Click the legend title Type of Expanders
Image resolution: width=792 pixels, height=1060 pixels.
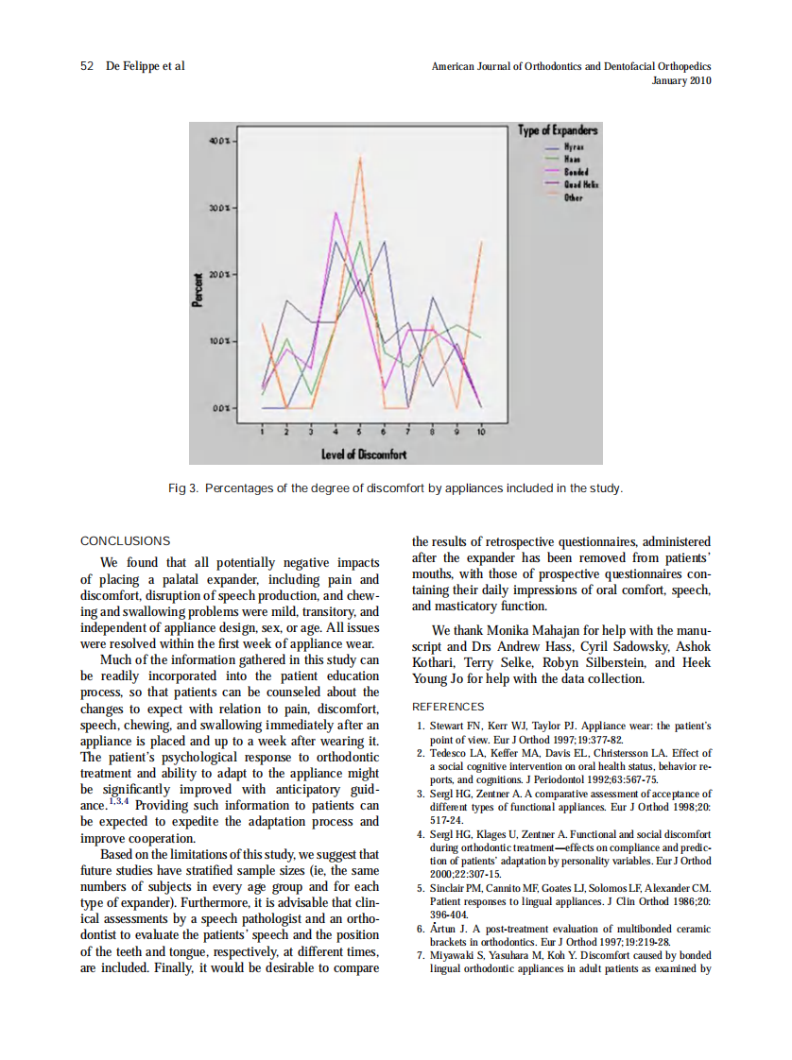coord(558,130)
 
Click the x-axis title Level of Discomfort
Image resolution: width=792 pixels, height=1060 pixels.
coord(364,453)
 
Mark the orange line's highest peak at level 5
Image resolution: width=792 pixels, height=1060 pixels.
coord(360,158)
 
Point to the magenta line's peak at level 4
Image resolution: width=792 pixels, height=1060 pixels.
coord(336,214)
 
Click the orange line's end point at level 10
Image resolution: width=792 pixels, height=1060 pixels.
coord(481,242)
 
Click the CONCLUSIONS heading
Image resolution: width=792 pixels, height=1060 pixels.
coord(126,541)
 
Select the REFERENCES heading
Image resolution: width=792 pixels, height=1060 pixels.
coord(448,706)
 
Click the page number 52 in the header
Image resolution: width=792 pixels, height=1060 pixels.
coord(87,66)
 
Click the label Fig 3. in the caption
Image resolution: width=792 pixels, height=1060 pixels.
coord(183,488)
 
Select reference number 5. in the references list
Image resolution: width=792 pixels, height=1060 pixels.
coord(421,889)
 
